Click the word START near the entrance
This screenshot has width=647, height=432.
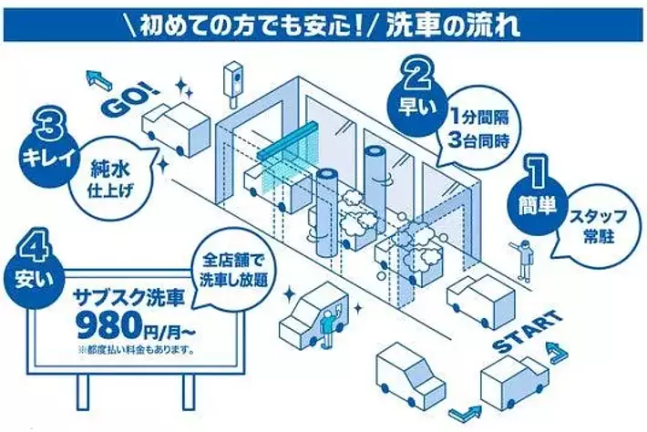[x=528, y=332]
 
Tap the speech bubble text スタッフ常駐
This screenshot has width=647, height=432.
[x=592, y=226]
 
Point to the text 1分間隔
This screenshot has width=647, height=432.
[x=479, y=118]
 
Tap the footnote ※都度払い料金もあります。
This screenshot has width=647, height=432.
[x=136, y=351]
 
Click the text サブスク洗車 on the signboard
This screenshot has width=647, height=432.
[x=128, y=297]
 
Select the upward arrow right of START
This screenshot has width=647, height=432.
[x=557, y=353]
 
